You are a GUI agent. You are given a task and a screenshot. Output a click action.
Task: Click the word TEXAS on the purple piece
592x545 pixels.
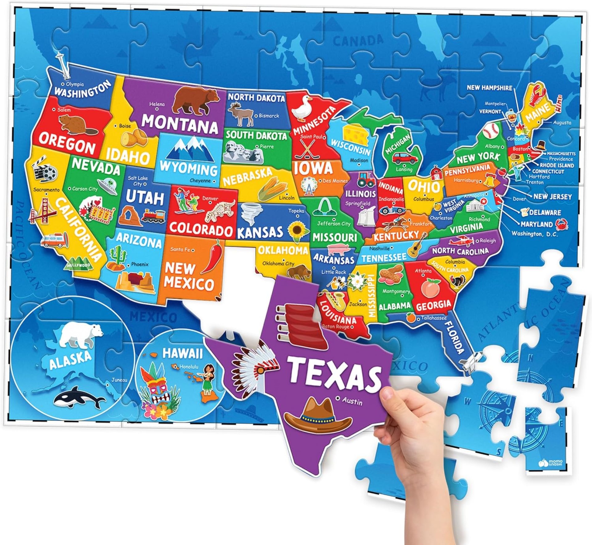pos(335,373)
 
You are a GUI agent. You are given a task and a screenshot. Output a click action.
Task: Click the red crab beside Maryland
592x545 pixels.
pos(561,224)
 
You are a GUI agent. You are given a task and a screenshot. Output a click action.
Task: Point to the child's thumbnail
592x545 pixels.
pos(387,393)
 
